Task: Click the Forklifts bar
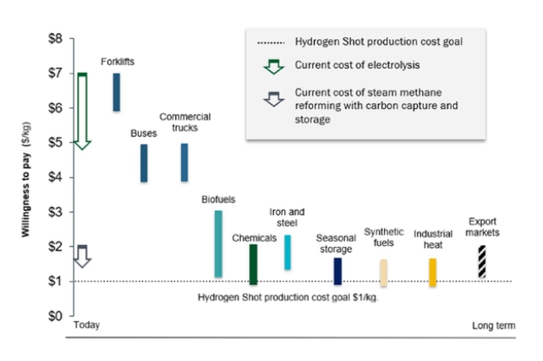[117, 92]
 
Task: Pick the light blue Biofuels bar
[218, 243]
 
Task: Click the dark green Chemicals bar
[253, 264]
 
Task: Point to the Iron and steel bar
[288, 252]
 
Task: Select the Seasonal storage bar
[337, 271]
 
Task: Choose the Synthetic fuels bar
[383, 273]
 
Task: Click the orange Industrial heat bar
[432, 272]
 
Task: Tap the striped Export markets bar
[481, 261]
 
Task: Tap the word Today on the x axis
[86, 325]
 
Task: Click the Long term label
[491, 325]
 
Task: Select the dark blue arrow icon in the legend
[271, 98]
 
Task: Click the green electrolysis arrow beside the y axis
[82, 111]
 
